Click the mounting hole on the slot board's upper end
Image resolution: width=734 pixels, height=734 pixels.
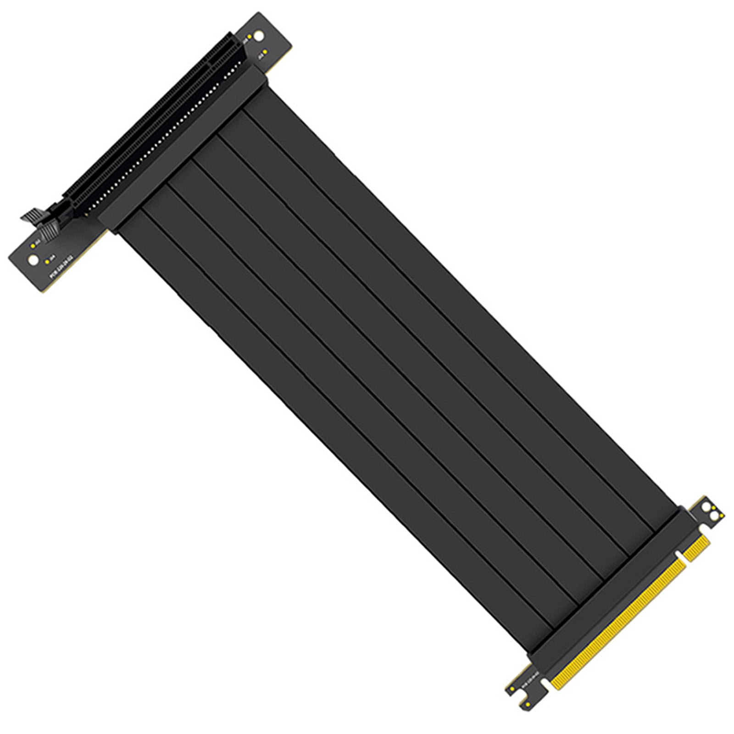[x=259, y=35]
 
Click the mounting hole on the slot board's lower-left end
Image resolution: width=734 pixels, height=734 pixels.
[x=33, y=260]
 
